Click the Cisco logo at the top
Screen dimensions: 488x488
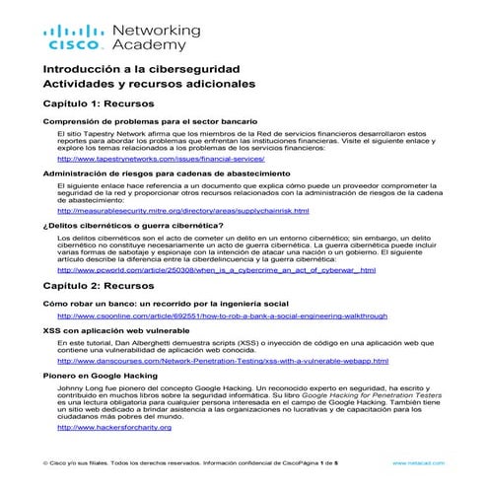(70, 38)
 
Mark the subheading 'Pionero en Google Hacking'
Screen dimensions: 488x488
(100, 376)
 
